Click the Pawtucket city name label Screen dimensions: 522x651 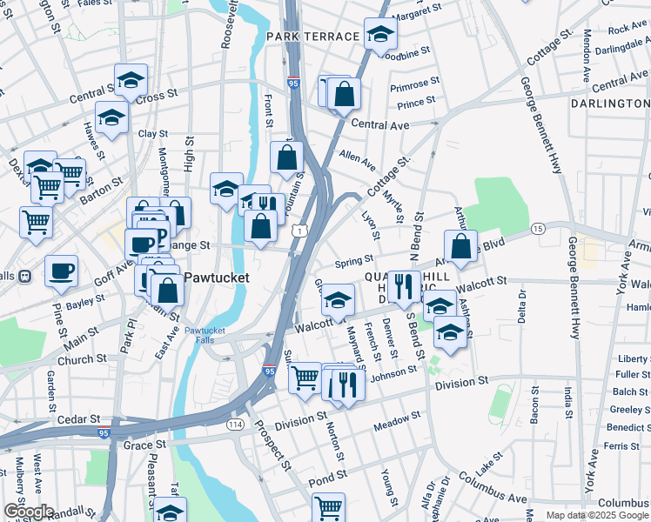click(215, 278)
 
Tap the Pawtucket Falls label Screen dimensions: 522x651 click(205, 336)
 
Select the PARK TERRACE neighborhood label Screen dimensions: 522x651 click(312, 37)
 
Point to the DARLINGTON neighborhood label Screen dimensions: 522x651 click(610, 104)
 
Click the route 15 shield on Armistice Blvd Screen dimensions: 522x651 click(538, 228)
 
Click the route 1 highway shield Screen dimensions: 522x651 click(299, 231)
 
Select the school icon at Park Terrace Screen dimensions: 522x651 click(380, 35)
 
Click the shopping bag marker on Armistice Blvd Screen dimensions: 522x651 click(461, 246)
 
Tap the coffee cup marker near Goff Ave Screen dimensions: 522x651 click(61, 271)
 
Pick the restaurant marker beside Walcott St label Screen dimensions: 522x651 click(404, 286)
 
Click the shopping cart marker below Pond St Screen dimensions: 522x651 click(328, 508)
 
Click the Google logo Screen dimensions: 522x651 click(28, 512)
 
